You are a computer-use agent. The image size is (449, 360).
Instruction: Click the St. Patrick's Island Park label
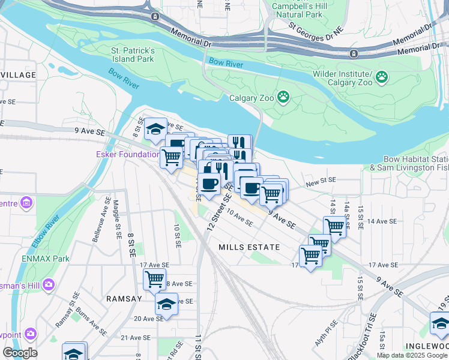click(133, 55)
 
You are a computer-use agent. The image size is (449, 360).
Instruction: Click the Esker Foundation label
click(128, 154)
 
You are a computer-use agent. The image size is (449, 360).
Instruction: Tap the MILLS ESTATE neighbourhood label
click(249, 247)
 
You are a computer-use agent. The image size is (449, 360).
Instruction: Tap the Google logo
click(20, 353)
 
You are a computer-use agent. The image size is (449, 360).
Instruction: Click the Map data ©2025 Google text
click(412, 355)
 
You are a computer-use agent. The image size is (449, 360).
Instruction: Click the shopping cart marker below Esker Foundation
click(172, 157)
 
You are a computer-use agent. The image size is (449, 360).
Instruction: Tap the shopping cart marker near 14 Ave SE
click(334, 226)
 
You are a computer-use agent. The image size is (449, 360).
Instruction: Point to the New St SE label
click(321, 181)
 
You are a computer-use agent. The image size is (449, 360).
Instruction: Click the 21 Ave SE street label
click(134, 338)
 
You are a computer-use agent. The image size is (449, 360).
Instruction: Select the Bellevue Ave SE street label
click(98, 223)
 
